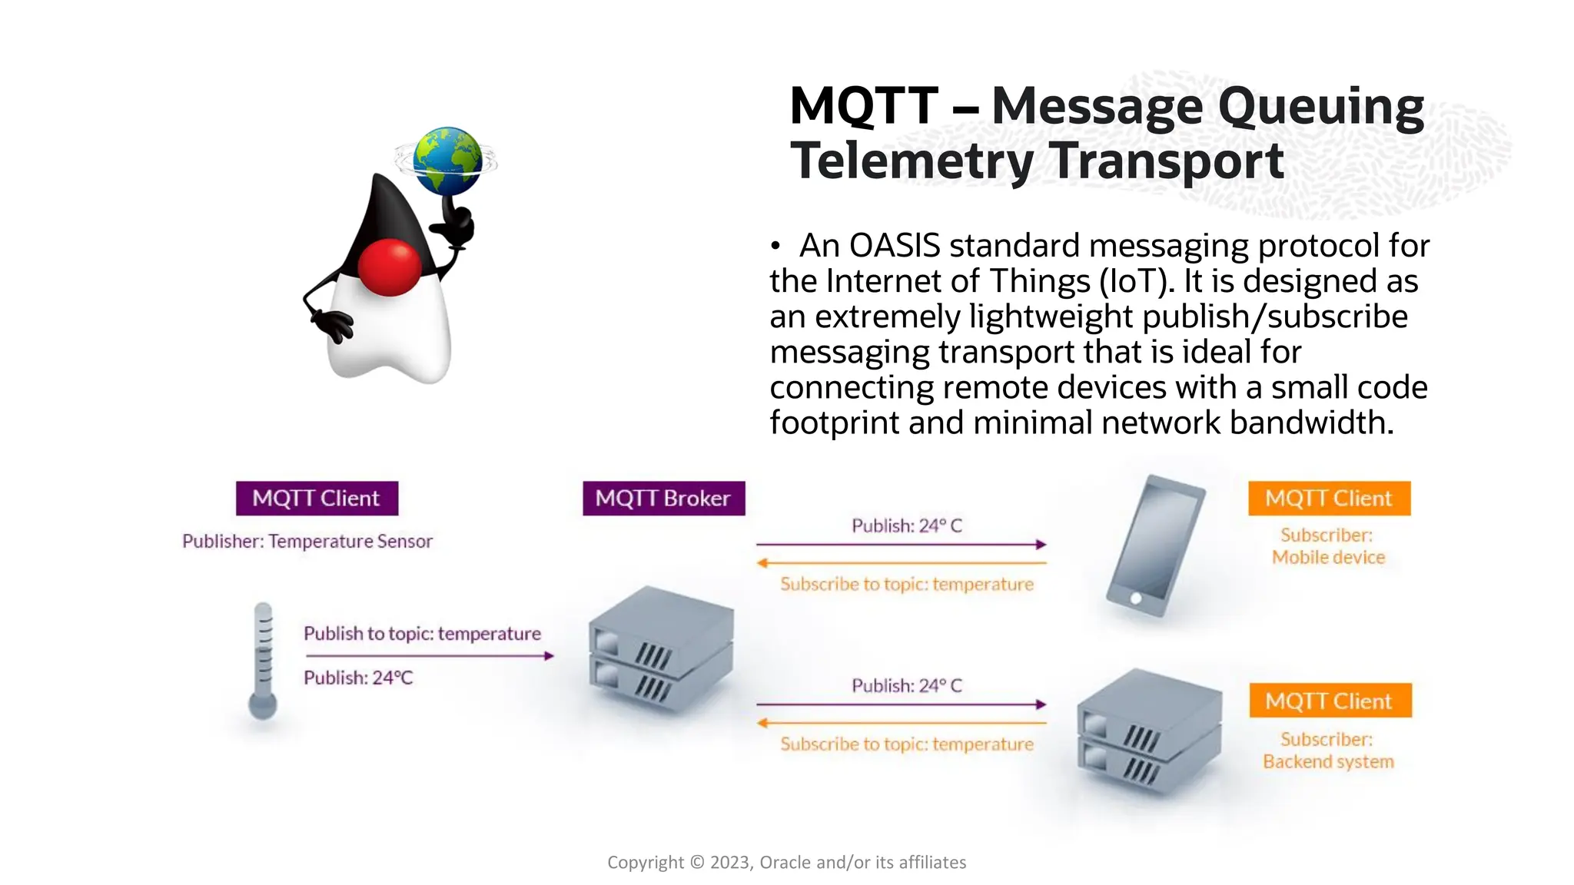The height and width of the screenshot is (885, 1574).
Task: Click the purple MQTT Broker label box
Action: point(663,498)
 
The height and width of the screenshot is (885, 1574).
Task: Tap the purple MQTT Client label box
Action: point(317,498)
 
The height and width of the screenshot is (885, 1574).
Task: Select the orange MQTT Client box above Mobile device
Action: point(1329,498)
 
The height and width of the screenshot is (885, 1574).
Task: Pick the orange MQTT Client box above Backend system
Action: point(1330,701)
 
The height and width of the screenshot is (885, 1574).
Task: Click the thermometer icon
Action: point(263,661)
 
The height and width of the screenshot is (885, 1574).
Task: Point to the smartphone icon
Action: point(1155,545)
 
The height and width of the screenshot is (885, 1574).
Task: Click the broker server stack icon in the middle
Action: point(661,647)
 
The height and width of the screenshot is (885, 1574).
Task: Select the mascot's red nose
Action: point(390,267)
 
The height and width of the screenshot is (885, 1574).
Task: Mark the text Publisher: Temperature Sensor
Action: point(307,541)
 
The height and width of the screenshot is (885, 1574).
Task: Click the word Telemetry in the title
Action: point(912,161)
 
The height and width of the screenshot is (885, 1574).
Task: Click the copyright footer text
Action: point(786,862)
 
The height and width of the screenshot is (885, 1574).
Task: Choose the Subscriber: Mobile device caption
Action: point(1327,546)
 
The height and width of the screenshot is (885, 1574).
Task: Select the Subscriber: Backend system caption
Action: point(1327,750)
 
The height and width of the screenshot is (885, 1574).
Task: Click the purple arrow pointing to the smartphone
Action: point(901,544)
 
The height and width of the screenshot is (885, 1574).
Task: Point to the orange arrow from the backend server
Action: point(901,723)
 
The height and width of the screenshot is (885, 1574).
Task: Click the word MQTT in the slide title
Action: point(864,106)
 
